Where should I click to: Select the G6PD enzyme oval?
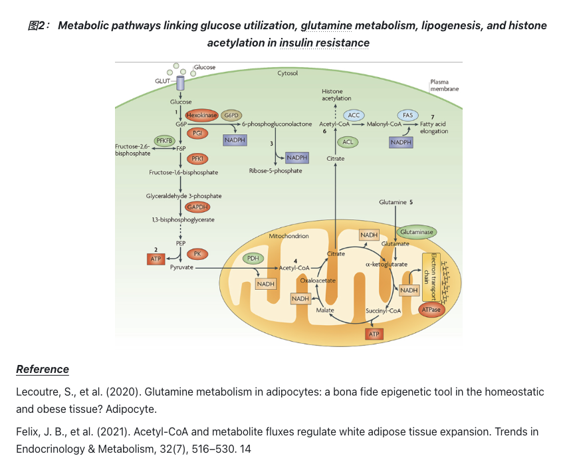coord(232,115)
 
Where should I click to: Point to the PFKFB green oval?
coord(164,141)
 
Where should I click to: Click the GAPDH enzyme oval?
coord(197,207)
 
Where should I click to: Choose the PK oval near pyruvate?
coord(197,253)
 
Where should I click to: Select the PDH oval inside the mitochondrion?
coord(253,258)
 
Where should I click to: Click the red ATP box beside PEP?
coord(156,258)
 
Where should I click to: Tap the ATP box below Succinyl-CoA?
coord(376,334)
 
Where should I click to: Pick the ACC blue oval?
coord(354,116)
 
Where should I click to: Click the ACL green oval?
coord(348,142)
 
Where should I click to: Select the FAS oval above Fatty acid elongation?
coord(407,116)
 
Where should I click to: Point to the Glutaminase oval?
coord(417,232)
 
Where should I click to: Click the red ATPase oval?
coord(431,310)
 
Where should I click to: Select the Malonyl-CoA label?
coord(385,124)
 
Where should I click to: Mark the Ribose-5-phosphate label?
coord(275,171)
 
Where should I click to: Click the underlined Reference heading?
coord(43,369)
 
